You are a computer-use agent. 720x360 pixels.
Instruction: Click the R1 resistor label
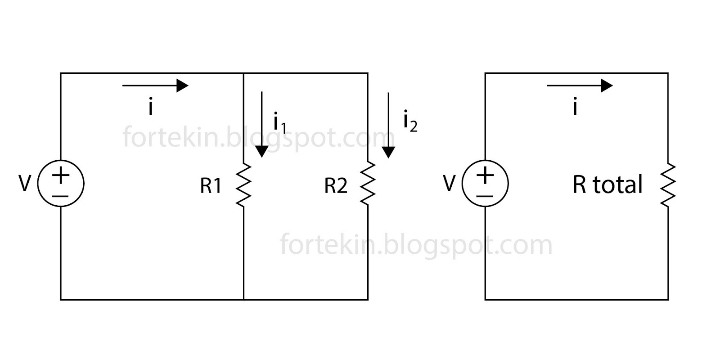coord(211,186)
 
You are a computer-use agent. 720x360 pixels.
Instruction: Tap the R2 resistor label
coord(336,186)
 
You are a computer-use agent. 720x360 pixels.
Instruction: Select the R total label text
coord(607,185)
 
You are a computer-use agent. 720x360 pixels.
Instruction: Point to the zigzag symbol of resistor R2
coord(368,184)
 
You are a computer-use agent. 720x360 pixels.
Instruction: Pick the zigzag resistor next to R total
coord(668,185)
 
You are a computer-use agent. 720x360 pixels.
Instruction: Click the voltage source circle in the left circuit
coord(61,184)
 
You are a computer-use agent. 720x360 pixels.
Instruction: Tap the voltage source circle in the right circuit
coord(485,184)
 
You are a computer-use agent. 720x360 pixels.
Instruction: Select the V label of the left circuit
coord(25,184)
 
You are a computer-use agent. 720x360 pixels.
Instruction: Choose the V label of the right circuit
coord(449,184)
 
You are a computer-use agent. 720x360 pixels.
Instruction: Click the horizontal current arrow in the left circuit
coord(155,85)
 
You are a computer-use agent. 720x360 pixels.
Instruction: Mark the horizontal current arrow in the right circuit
coord(580,85)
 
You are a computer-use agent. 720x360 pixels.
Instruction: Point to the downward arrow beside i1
coord(261,124)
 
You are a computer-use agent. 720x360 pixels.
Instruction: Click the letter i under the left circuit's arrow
coord(151,107)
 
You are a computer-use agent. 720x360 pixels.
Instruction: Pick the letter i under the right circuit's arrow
coord(575,107)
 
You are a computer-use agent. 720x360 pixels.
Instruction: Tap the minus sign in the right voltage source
coord(485,196)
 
